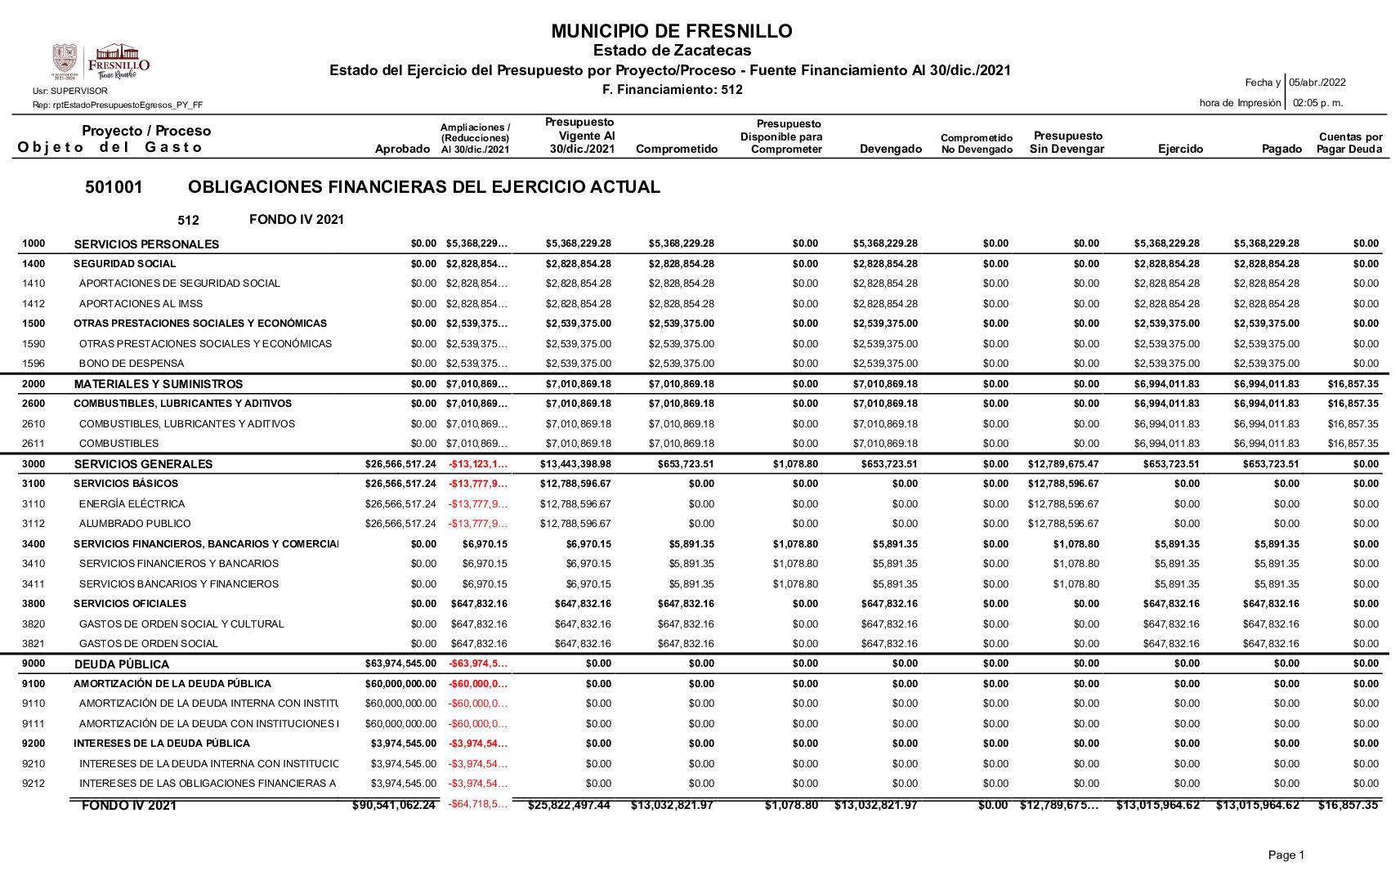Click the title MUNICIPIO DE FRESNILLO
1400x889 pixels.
671,31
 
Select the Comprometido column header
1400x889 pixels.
676,149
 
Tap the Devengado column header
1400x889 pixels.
890,149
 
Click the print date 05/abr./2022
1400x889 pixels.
1317,83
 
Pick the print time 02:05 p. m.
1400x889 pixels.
1317,103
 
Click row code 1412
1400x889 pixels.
34,304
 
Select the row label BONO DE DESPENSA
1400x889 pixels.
132,364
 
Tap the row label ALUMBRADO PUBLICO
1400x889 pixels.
135,524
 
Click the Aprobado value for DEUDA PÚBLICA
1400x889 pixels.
400,663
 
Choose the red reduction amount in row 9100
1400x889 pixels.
477,684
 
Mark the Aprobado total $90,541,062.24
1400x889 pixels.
394,806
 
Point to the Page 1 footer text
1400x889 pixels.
1286,855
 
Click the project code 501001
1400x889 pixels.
114,187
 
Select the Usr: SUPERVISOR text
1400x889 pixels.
70,92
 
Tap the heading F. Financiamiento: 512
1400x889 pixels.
672,90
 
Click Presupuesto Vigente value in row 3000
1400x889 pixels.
575,464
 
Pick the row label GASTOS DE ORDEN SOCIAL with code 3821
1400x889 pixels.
149,644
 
